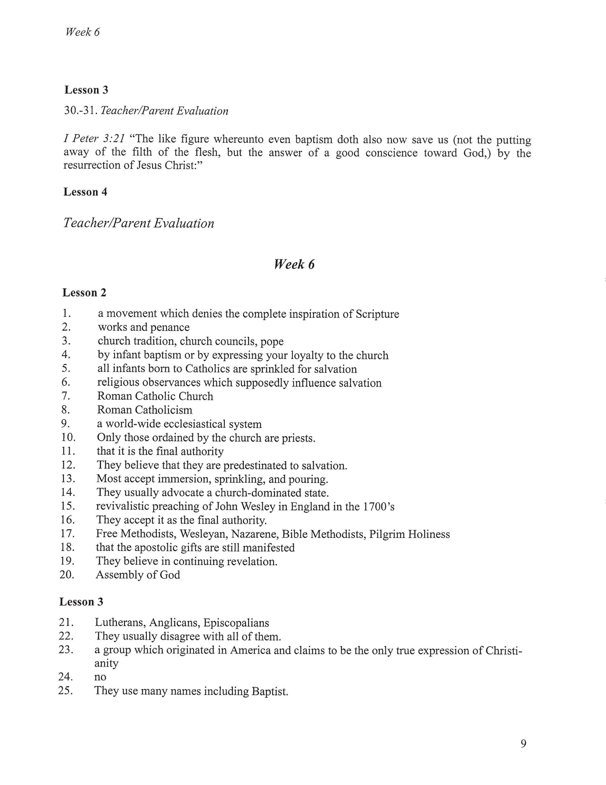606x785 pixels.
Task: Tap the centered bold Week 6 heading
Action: coord(294,264)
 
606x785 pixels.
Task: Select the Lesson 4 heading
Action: coord(86,192)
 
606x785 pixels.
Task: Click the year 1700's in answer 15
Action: coord(379,507)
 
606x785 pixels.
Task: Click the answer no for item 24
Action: coord(100,677)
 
